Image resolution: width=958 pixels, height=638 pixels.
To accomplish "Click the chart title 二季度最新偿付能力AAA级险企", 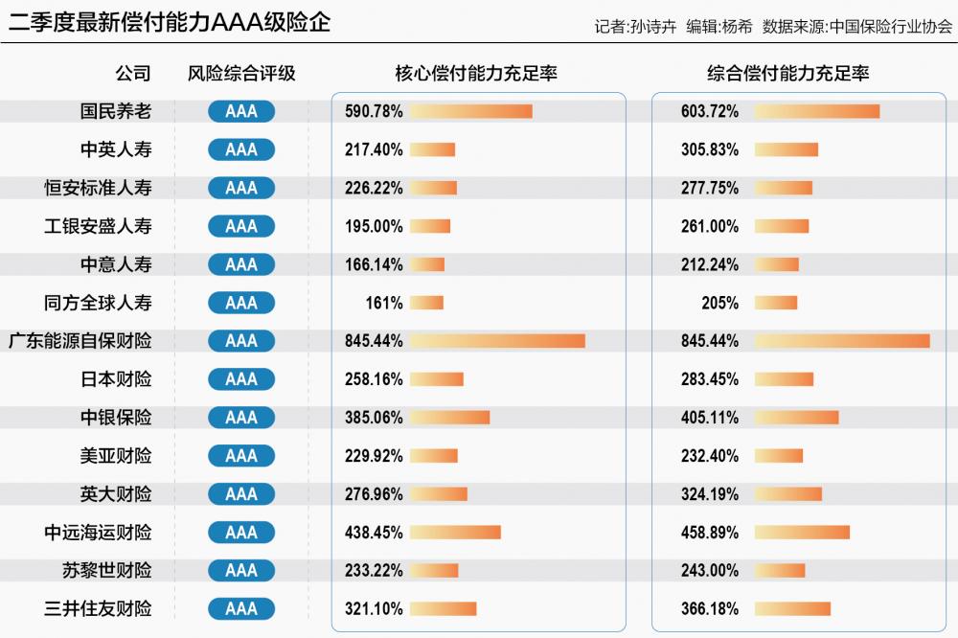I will [x=170, y=22].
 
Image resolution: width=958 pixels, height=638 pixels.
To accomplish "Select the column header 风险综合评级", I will [x=241, y=74].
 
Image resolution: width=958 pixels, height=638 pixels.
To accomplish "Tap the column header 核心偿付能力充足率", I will [x=476, y=74].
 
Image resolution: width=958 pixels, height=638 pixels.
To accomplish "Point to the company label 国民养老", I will [x=116, y=111].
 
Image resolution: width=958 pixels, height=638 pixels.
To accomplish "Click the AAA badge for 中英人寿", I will [x=241, y=149].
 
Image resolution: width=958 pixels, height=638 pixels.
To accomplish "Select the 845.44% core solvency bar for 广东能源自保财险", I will [x=497, y=341].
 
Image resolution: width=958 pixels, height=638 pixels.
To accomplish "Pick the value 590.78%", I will [x=374, y=111].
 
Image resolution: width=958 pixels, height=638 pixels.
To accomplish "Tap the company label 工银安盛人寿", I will [x=98, y=226].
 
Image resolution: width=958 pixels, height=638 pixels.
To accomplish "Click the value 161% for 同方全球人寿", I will [x=384, y=303].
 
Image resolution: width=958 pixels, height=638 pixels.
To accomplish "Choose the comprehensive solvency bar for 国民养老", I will [x=816, y=111].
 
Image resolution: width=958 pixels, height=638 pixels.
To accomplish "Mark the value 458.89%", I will [x=710, y=533].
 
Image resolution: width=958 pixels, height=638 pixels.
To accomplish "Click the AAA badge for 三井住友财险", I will [x=241, y=609].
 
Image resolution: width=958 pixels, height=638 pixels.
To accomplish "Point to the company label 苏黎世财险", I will [x=106, y=571].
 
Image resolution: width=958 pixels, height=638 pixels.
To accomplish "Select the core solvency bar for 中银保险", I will [x=449, y=418].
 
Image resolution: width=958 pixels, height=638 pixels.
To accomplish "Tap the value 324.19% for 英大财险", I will [x=710, y=494].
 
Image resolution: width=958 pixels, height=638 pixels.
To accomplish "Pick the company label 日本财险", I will [x=116, y=379].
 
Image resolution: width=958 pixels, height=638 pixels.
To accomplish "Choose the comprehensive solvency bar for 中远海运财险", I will [x=802, y=533].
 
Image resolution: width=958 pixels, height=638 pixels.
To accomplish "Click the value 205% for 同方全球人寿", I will [x=719, y=303].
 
